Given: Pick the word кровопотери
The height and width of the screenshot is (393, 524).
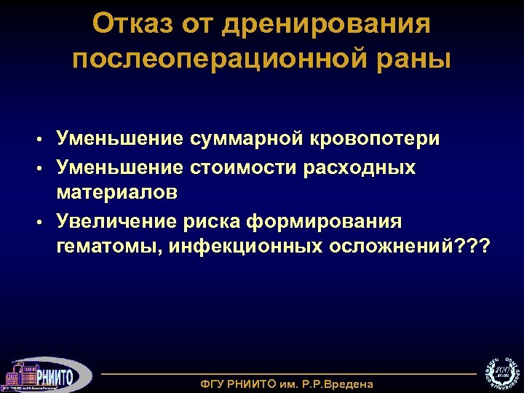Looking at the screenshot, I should (377, 138).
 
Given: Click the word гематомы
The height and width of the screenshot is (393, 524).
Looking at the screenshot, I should (109, 247).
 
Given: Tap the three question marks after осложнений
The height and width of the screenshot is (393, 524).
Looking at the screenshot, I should (475, 247).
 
